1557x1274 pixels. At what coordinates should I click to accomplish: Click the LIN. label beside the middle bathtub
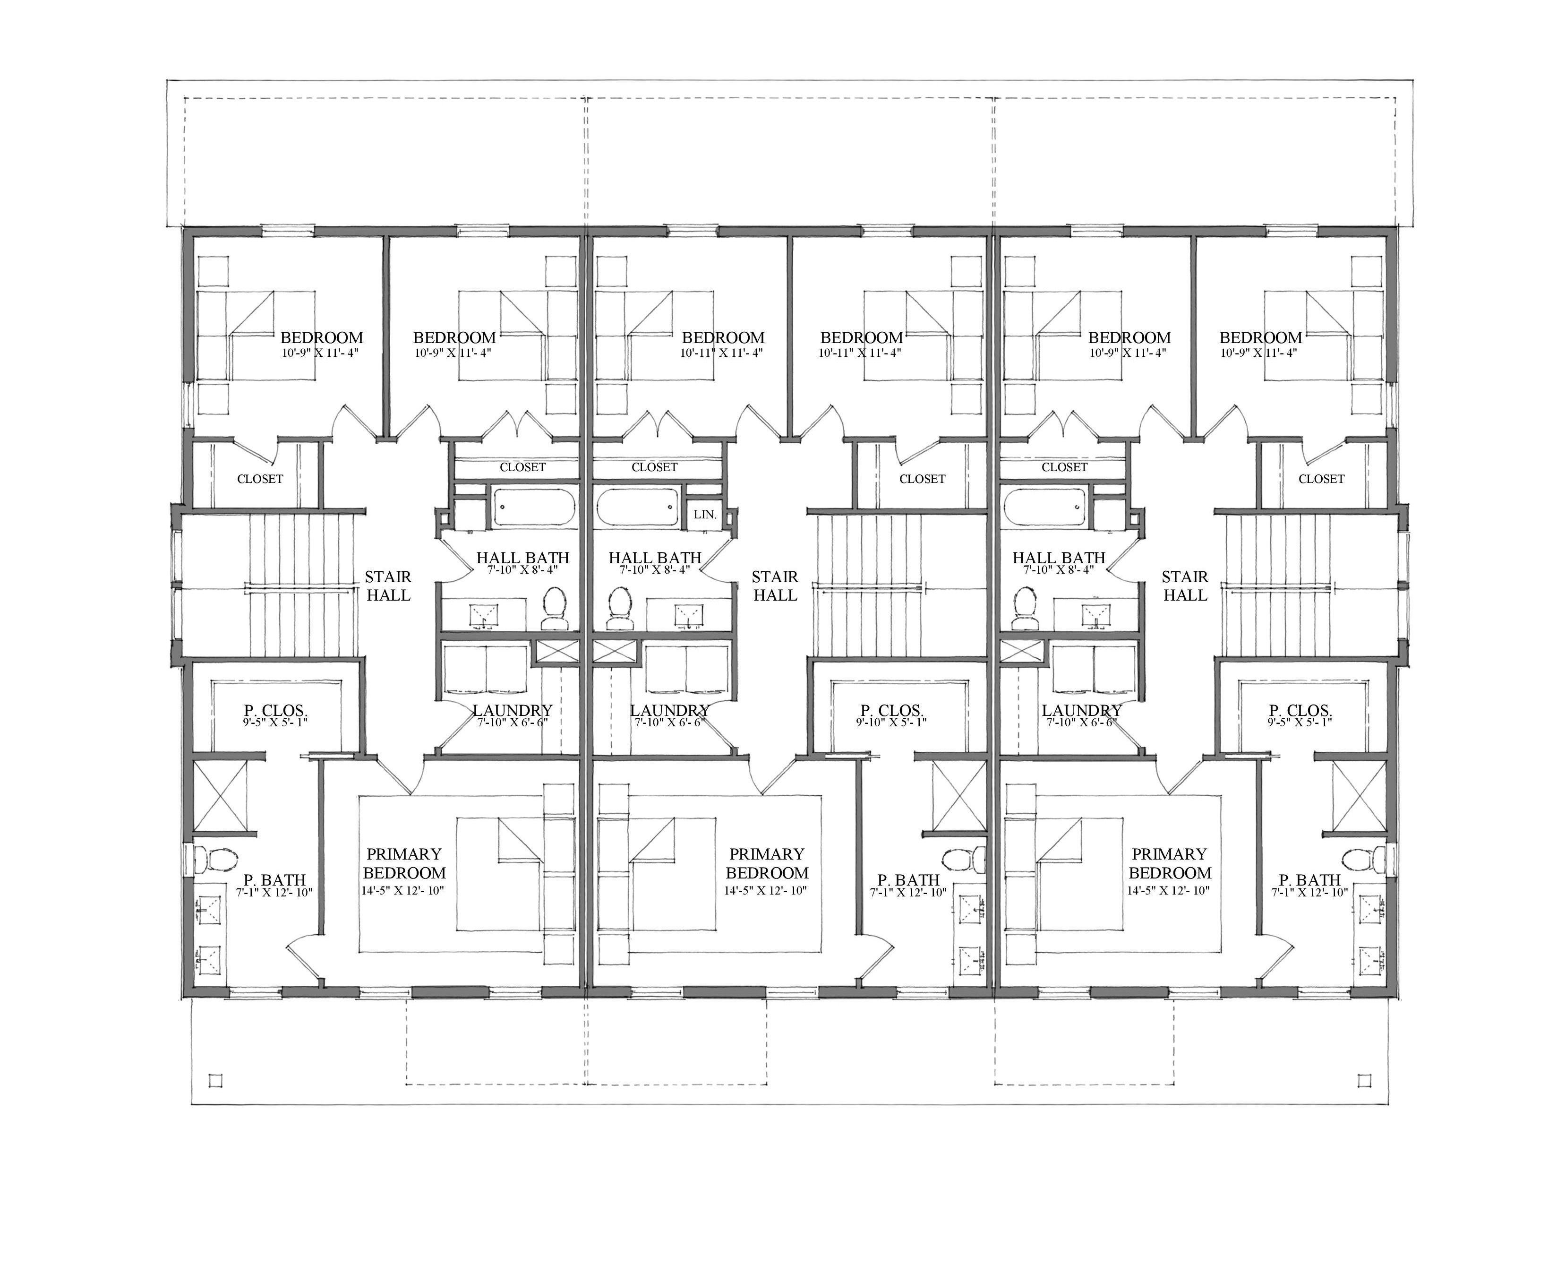coord(704,515)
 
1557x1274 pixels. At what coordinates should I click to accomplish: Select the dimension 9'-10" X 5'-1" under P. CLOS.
coord(891,722)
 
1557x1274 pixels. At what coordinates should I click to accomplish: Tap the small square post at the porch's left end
coord(215,1080)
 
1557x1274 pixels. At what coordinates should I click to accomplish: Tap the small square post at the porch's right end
coord(1363,1080)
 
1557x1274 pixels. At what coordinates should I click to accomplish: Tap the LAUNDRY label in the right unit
coord(1081,710)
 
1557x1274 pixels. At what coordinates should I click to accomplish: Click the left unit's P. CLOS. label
coord(275,710)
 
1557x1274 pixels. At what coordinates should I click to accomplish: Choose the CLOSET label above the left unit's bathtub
coord(522,467)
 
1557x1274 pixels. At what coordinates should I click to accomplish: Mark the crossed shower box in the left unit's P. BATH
coord(220,795)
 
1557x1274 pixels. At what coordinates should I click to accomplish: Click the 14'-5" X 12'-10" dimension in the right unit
coord(1168,890)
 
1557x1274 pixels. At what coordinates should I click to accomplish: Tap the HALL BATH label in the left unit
coord(522,558)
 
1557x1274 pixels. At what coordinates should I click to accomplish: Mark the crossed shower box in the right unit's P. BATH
coord(1359,795)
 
